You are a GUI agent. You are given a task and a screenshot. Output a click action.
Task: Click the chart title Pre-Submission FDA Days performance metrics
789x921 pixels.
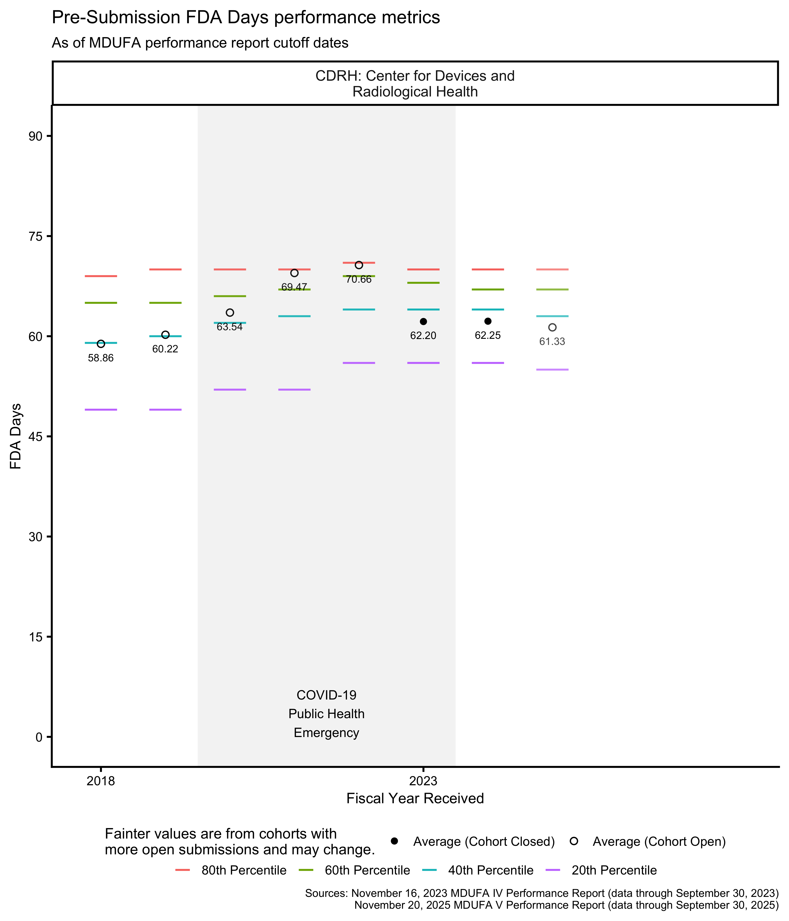click(246, 18)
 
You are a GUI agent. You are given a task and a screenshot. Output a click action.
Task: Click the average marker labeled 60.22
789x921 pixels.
click(165, 335)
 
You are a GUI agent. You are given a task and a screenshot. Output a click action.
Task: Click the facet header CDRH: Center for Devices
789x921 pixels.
click(415, 84)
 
